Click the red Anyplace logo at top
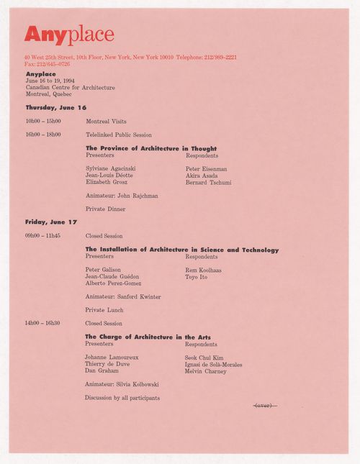pyautogui.click(x=69, y=33)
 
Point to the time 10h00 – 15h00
pyautogui.click(x=42, y=122)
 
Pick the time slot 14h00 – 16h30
pyautogui.click(x=42, y=323)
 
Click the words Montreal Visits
pyautogui.click(x=106, y=122)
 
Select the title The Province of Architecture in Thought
pyautogui.click(x=151, y=148)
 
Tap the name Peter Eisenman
pyautogui.click(x=207, y=168)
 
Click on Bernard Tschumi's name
pyautogui.click(x=208, y=182)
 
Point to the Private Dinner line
pyautogui.click(x=105, y=209)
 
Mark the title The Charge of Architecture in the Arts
pyautogui.click(x=148, y=337)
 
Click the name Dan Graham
pyautogui.click(x=102, y=370)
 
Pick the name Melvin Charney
pyautogui.click(x=205, y=370)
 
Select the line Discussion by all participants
pyautogui.click(x=122, y=397)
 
